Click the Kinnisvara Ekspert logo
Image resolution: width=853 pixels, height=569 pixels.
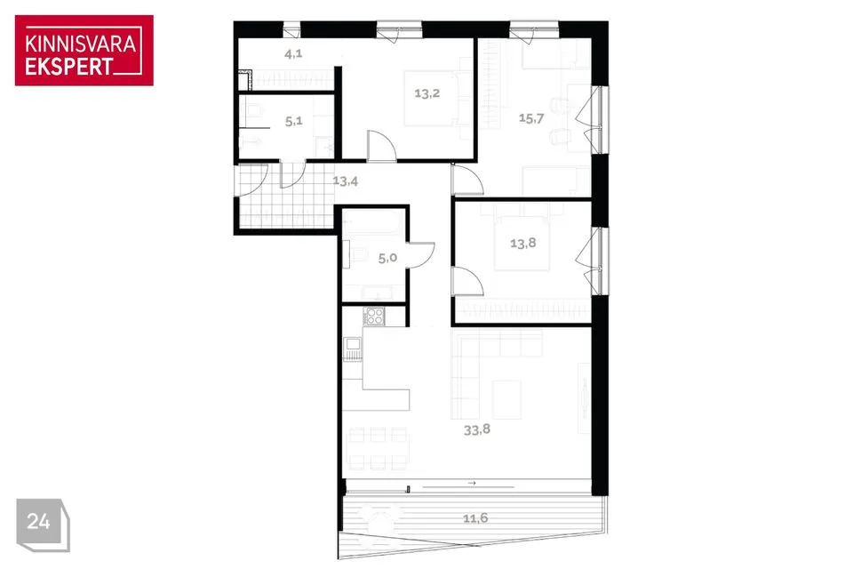coord(84,50)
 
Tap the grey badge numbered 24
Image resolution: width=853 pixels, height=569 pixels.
coord(43,524)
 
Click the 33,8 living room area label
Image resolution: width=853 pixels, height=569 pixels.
coord(476,429)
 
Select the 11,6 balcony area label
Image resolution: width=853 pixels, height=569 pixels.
coord(474,517)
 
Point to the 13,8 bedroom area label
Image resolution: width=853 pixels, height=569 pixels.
coord(522,243)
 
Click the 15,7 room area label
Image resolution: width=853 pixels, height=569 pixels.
coord(531,118)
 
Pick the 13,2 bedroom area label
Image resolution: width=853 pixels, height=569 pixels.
coord(426,93)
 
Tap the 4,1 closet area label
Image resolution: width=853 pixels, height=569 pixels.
coord(293,53)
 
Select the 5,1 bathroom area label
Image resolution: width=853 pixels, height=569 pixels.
coord(294,121)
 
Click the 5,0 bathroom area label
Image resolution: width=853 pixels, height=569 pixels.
coord(387,258)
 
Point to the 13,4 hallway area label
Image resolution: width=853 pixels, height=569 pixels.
coord(346,180)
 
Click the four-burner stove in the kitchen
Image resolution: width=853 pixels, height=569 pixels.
coord(374,317)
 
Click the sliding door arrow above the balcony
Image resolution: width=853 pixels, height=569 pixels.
coord(472,483)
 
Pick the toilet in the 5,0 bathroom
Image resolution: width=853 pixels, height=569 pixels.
coord(358,254)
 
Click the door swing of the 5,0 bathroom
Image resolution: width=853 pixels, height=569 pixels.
coord(421,255)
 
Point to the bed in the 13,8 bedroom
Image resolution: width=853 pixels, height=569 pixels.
coord(522,243)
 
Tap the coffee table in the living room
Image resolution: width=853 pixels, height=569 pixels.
coord(507,400)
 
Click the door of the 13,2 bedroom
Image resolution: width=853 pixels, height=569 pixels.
coord(382,146)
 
